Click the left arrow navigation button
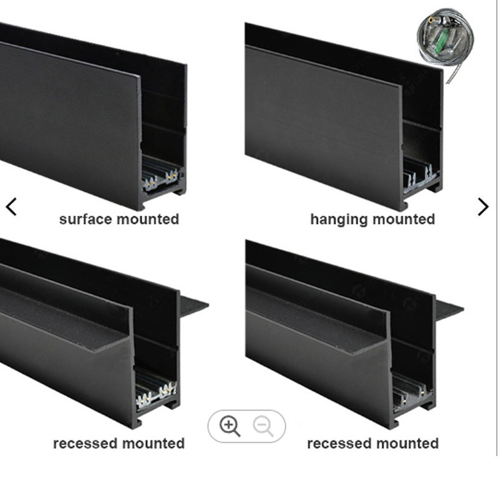tap(11, 207)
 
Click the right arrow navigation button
tap(483, 207)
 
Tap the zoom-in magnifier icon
tap(230, 426)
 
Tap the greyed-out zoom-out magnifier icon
tap(263, 427)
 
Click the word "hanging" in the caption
tap(339, 220)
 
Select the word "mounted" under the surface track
tap(148, 220)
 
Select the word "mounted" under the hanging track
tap(404, 220)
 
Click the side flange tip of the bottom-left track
tap(208, 306)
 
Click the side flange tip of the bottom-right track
tap(463, 308)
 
